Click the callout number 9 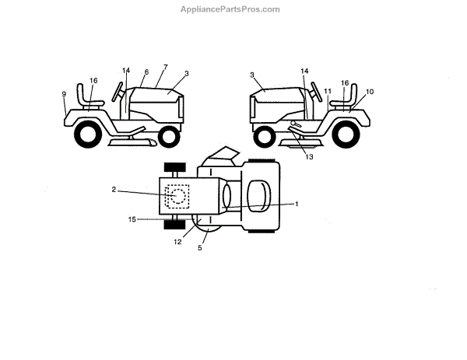click(x=64, y=94)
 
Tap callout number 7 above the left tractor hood click(x=165, y=68)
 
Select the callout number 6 click(x=146, y=72)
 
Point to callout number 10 click(x=369, y=91)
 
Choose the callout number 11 click(x=328, y=91)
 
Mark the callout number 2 click(x=114, y=190)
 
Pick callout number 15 click(x=132, y=220)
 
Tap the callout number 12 click(x=177, y=241)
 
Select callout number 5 click(x=200, y=248)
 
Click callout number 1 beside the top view click(x=296, y=204)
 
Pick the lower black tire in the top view click(x=174, y=226)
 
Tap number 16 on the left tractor click(x=93, y=80)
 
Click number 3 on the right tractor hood click(x=254, y=74)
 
